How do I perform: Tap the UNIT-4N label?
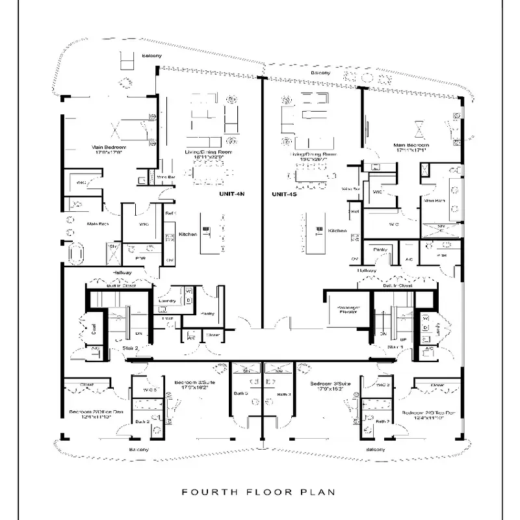[x=231, y=194]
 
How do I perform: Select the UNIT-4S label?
[x=284, y=194]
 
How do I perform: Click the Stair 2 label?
[x=129, y=349]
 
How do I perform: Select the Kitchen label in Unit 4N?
[x=188, y=233]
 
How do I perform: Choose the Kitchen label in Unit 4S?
[x=337, y=231]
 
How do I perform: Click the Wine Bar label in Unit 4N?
[x=166, y=176]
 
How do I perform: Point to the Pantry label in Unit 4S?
[x=380, y=249]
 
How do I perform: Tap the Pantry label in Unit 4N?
[x=208, y=313]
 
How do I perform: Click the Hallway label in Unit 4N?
[x=122, y=272]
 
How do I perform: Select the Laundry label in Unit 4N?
[x=167, y=301]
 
